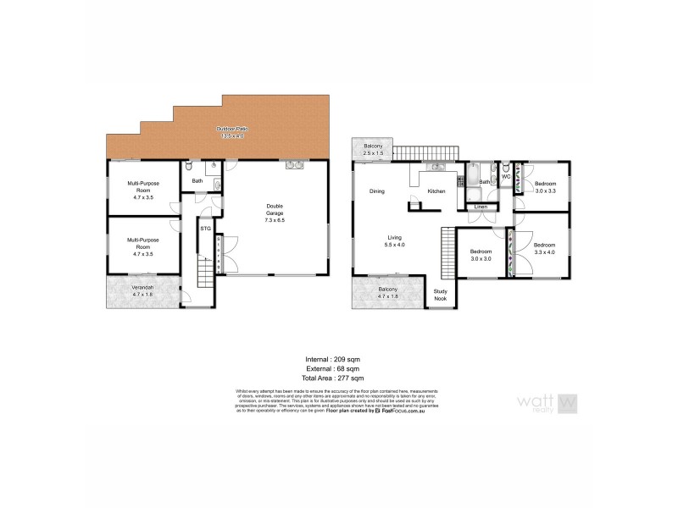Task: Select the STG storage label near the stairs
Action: pos(205,229)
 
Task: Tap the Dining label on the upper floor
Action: pos(377,191)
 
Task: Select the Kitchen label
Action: pos(436,191)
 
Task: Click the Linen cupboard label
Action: pos(481,207)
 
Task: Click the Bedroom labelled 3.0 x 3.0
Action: pos(481,254)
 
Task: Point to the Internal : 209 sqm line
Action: pos(338,359)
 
